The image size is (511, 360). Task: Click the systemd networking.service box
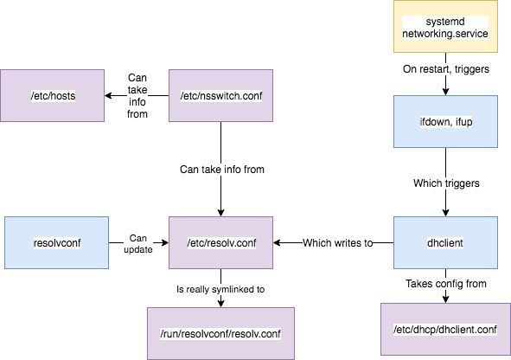(445, 27)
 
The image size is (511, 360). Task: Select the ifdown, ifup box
(445, 122)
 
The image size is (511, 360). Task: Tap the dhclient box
(445, 242)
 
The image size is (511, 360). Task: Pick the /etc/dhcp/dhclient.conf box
(445, 330)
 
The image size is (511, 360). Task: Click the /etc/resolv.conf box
(221, 242)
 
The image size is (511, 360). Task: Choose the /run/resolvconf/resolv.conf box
(221, 333)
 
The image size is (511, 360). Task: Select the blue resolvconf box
(57, 242)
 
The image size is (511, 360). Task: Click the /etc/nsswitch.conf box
(221, 95)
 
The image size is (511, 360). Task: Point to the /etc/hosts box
(53, 95)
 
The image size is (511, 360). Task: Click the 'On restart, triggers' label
(446, 69)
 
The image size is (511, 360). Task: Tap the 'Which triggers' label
(446, 183)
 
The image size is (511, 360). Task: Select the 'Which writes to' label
(337, 243)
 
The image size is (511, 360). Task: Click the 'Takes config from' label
(446, 283)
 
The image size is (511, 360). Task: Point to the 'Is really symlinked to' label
(220, 289)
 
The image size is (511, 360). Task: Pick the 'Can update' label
(138, 243)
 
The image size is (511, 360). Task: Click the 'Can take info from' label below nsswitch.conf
(222, 170)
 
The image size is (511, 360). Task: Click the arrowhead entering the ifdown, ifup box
(446, 92)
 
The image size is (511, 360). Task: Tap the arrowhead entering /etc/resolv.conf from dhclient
(278, 242)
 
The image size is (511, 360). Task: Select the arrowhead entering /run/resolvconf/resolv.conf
(221, 303)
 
